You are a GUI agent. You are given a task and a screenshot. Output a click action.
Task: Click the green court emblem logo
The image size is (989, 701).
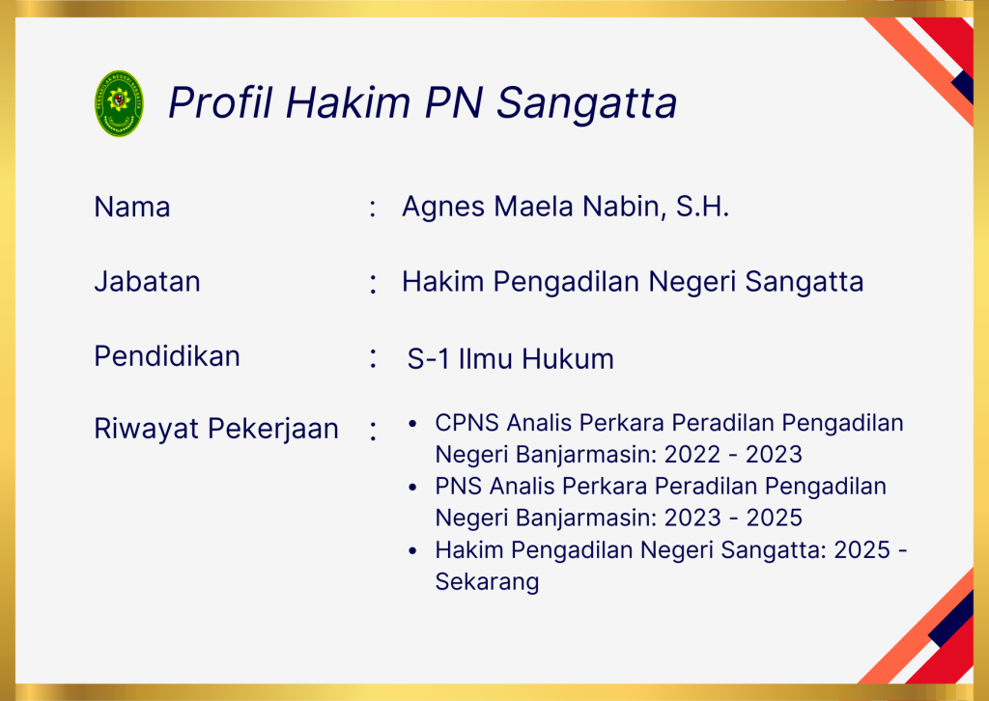(x=119, y=103)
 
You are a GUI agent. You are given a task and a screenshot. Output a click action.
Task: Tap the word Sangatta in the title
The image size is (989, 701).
(x=586, y=103)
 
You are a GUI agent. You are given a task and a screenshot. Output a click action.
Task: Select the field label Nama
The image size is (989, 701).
(x=131, y=207)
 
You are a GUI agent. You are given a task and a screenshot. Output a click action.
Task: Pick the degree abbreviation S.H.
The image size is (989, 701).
(x=703, y=207)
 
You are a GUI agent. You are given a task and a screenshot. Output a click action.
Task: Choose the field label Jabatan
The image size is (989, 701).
(x=147, y=281)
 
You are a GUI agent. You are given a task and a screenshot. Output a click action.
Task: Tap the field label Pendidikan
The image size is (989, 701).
(x=167, y=356)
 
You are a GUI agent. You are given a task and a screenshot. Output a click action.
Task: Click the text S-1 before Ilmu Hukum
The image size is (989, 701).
(x=428, y=358)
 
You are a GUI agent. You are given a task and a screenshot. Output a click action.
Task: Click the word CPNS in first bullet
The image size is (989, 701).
(x=466, y=422)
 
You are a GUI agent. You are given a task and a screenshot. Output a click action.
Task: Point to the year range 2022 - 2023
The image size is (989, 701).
(x=733, y=455)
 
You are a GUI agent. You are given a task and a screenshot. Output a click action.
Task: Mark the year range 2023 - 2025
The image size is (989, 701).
(x=733, y=519)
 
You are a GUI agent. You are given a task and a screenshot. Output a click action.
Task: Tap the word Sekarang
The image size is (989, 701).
(x=487, y=582)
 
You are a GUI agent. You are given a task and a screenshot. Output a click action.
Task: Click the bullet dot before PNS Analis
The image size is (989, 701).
(x=412, y=488)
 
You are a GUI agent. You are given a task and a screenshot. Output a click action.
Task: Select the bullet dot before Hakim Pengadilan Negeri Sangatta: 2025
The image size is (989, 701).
(x=412, y=551)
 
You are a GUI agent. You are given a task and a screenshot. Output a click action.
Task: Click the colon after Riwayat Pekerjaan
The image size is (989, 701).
(x=374, y=432)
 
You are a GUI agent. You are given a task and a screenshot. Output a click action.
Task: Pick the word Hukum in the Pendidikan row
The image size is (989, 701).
(x=568, y=358)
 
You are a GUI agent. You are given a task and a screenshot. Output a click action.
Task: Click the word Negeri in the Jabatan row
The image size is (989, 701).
(x=692, y=282)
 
